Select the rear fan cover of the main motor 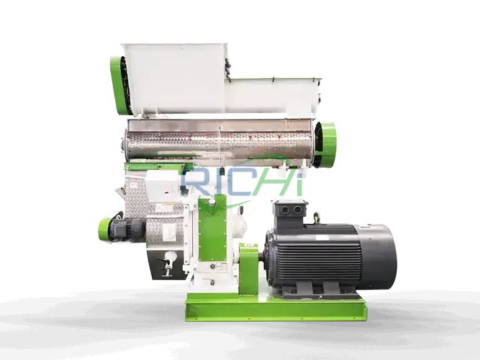tap(380, 256)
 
